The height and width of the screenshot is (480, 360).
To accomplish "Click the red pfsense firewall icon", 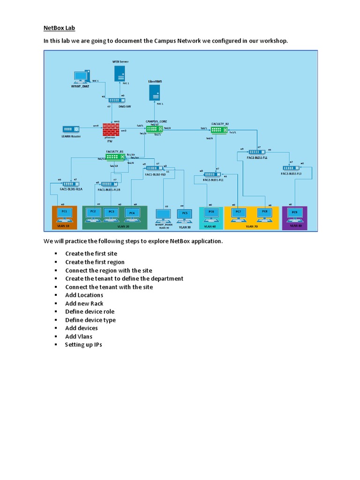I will (111, 129).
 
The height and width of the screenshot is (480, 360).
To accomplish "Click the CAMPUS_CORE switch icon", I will (154, 129).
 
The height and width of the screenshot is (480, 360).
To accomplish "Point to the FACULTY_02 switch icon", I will (219, 129).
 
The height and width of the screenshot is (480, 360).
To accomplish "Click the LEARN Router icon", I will (71, 129).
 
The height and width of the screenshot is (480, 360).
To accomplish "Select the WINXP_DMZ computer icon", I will (82, 76).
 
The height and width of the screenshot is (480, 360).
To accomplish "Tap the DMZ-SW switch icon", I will (114, 100).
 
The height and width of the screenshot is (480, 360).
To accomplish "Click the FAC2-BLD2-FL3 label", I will (291, 174).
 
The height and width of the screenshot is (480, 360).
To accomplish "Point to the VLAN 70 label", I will (252, 226).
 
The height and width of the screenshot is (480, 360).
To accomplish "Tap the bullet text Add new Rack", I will (84, 303).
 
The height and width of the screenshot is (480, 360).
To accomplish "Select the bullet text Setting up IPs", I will (83, 345).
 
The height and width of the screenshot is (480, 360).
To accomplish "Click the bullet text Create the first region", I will (95, 262).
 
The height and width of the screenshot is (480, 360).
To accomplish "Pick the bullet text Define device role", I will (90, 312).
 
